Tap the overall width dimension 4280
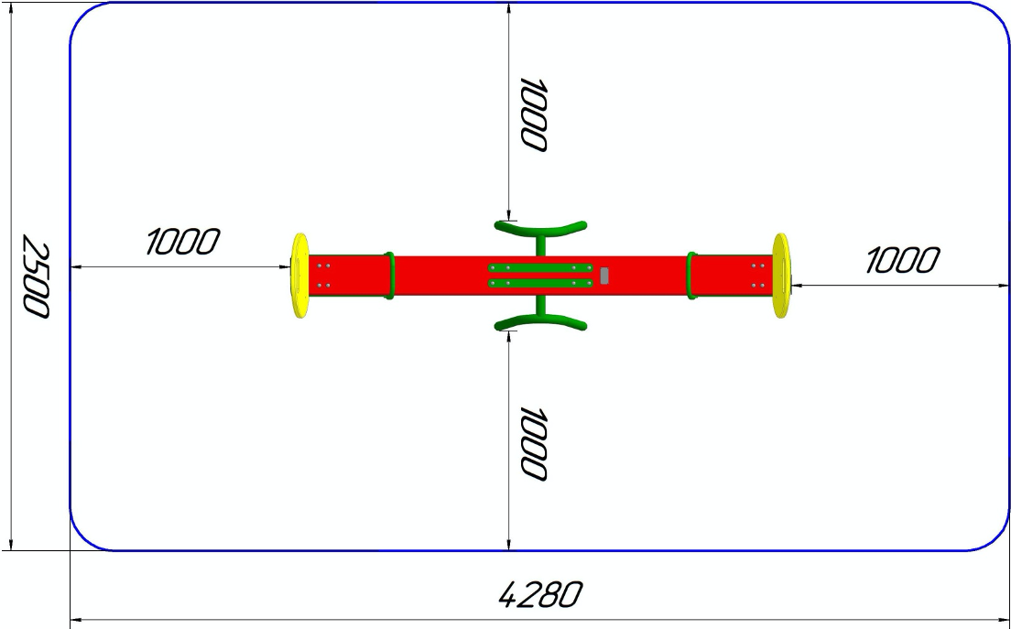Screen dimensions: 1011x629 540,595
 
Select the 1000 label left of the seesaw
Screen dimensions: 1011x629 183,242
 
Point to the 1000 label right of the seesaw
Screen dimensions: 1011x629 902,260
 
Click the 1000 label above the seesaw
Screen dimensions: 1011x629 534,115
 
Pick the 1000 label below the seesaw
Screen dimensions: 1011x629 534,443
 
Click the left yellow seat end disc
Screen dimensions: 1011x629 299,276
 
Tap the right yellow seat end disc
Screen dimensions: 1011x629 781,276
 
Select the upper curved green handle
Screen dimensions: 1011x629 540,227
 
